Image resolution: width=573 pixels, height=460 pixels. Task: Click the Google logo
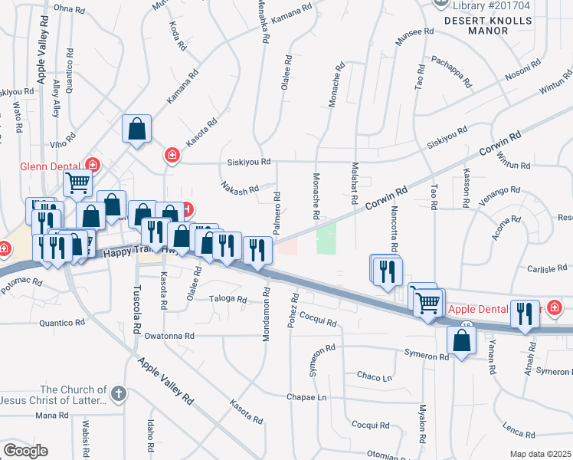coord(25,451)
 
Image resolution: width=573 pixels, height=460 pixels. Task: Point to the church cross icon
coord(117,394)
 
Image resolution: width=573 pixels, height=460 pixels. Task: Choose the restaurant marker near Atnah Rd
coord(525,314)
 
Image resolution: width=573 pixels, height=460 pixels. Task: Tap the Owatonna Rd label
coord(169,336)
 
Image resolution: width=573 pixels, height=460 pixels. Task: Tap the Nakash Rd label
coord(238,188)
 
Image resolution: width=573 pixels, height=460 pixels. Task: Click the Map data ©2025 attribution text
coord(540,454)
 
